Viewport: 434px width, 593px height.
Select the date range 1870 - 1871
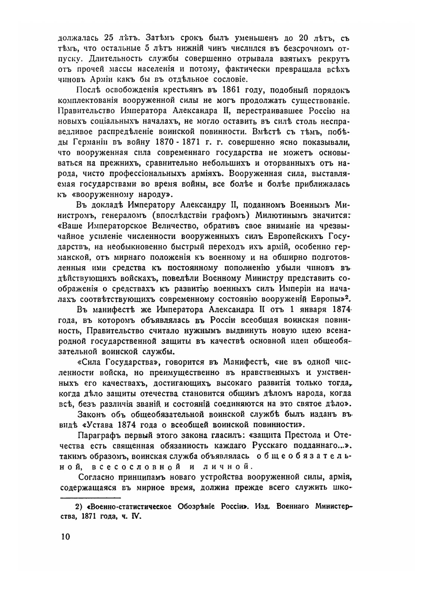pos(171,142)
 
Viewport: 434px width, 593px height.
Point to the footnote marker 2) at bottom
pos(79,507)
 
